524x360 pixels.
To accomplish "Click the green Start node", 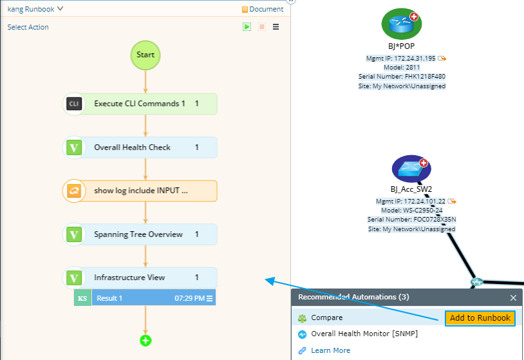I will tap(145, 55).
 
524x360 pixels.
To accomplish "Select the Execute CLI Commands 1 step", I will tap(140, 104).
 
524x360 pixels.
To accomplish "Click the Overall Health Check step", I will tap(140, 147).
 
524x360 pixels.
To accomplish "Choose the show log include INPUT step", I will tap(140, 191).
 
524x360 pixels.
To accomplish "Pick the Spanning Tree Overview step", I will tap(140, 234).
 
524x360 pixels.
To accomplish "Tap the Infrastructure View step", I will tap(140, 278).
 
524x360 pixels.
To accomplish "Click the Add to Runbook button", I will tap(480, 318).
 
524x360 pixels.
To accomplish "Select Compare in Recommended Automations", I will tap(327, 318).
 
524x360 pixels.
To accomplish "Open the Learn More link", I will tap(330, 350).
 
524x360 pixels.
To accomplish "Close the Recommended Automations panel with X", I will tap(513, 298).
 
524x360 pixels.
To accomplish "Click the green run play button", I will tap(247, 27).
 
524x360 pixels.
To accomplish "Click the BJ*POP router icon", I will tap(401, 24).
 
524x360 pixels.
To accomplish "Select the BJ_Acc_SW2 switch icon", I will tap(411, 169).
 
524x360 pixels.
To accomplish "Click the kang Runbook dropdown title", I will tap(35, 9).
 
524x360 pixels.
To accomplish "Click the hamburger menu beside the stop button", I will tap(276, 27).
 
